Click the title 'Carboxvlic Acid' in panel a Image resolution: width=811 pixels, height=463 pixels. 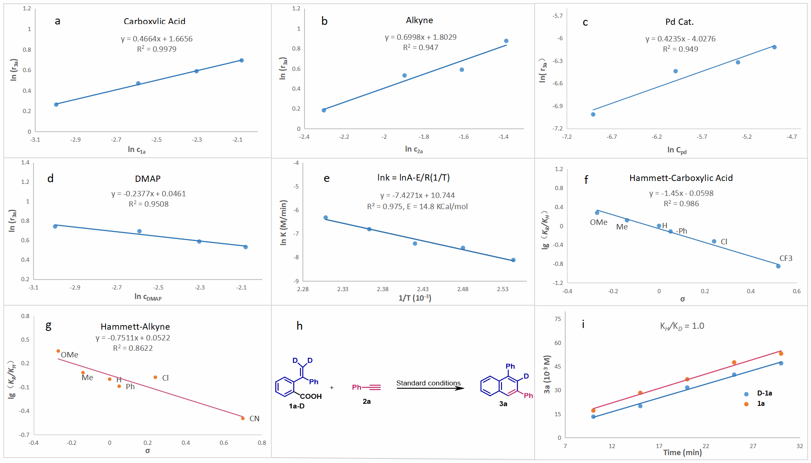point(154,21)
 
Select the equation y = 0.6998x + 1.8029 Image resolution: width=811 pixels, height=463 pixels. point(420,37)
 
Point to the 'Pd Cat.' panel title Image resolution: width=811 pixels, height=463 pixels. point(679,22)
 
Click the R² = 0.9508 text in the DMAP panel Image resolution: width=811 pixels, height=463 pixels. point(149,204)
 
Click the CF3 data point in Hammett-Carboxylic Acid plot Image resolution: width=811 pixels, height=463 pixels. point(778,266)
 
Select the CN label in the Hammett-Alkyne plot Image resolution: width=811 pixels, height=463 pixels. point(254,418)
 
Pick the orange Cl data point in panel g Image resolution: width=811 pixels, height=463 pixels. point(155,377)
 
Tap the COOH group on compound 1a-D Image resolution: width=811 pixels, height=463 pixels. point(311,396)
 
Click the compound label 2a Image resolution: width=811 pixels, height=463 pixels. point(367,401)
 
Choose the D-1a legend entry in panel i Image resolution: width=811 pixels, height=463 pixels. point(764,393)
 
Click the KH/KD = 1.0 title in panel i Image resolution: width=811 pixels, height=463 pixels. point(682,326)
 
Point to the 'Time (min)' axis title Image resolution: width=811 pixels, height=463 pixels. point(682,452)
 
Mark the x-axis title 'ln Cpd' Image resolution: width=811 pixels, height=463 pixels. point(677,150)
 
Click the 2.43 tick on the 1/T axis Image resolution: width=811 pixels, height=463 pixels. point(423,289)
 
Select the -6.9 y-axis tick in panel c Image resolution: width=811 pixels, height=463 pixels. point(557,106)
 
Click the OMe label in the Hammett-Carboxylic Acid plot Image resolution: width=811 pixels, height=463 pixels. point(599,222)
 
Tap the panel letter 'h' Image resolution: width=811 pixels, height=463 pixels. point(300,326)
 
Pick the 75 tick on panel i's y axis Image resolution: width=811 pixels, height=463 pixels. point(558,319)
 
